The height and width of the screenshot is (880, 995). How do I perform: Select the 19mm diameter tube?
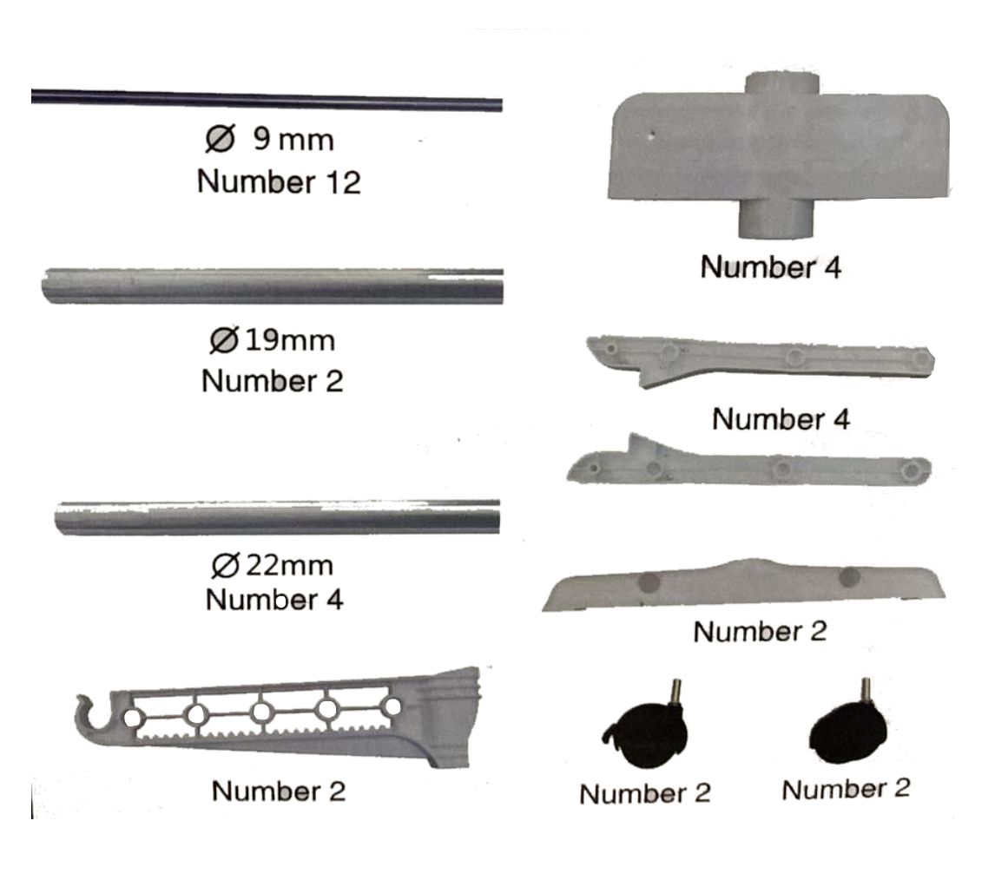pos(273,286)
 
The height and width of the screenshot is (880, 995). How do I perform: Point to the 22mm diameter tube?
pos(277,517)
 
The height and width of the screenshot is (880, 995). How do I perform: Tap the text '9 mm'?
pos(293,139)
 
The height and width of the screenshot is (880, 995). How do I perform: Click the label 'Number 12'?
pos(280,182)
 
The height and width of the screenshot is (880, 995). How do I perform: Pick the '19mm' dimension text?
pos(290,341)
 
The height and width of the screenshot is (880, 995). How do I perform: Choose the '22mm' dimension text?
pos(289,565)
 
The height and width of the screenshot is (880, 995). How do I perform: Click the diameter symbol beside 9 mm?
pos(221,138)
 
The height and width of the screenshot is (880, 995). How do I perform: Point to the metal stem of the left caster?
pos(675,691)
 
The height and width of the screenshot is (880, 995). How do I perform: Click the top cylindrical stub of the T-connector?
pos(781,84)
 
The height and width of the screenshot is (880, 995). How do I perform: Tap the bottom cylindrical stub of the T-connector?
pos(776,218)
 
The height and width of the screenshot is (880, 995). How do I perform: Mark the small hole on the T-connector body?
pos(650,135)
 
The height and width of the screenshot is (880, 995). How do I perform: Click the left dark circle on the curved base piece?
pos(648,581)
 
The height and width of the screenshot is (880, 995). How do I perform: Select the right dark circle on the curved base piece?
pos(849,577)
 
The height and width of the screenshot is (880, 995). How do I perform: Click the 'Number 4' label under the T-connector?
pos(771,267)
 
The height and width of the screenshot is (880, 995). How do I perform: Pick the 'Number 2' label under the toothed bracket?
pos(279,791)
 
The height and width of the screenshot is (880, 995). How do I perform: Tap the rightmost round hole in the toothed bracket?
pos(392,706)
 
